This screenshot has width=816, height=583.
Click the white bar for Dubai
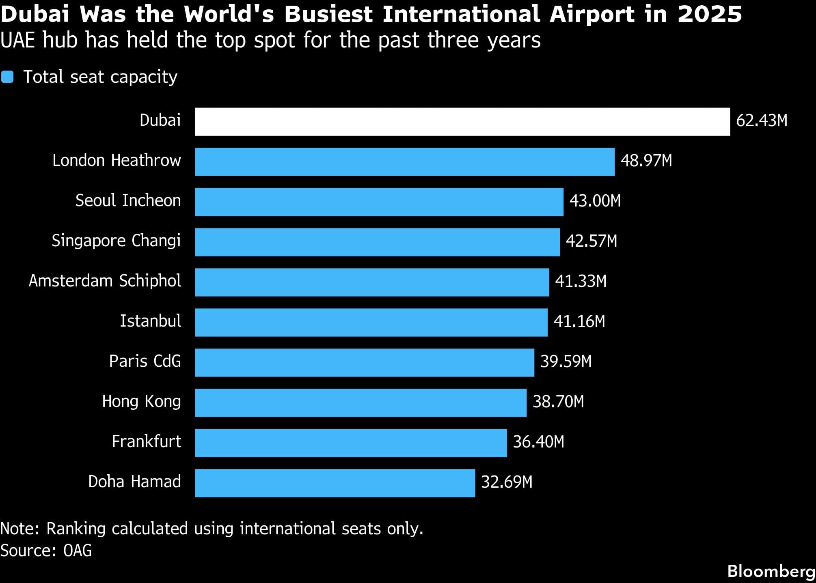click(462, 122)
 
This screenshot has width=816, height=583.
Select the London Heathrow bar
click(404, 162)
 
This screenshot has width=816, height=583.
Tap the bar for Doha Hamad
click(335, 483)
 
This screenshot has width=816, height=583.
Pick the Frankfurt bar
click(351, 443)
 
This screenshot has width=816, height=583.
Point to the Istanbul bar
click(371, 323)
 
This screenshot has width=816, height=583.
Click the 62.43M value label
click(762, 121)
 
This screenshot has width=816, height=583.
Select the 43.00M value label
click(595, 201)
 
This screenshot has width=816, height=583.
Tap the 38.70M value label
click(558, 402)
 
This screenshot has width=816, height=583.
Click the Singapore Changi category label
click(116, 241)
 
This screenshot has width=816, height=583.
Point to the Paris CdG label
click(145, 361)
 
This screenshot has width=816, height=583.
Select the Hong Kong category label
click(141, 402)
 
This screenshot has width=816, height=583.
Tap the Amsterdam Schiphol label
click(105, 281)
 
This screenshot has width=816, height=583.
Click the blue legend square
click(7, 77)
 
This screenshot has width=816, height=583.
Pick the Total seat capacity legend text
click(100, 77)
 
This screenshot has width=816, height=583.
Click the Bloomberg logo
click(771, 571)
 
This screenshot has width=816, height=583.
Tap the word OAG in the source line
click(78, 551)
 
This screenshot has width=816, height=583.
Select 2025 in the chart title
click(710, 14)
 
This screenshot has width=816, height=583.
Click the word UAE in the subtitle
click(18, 40)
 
